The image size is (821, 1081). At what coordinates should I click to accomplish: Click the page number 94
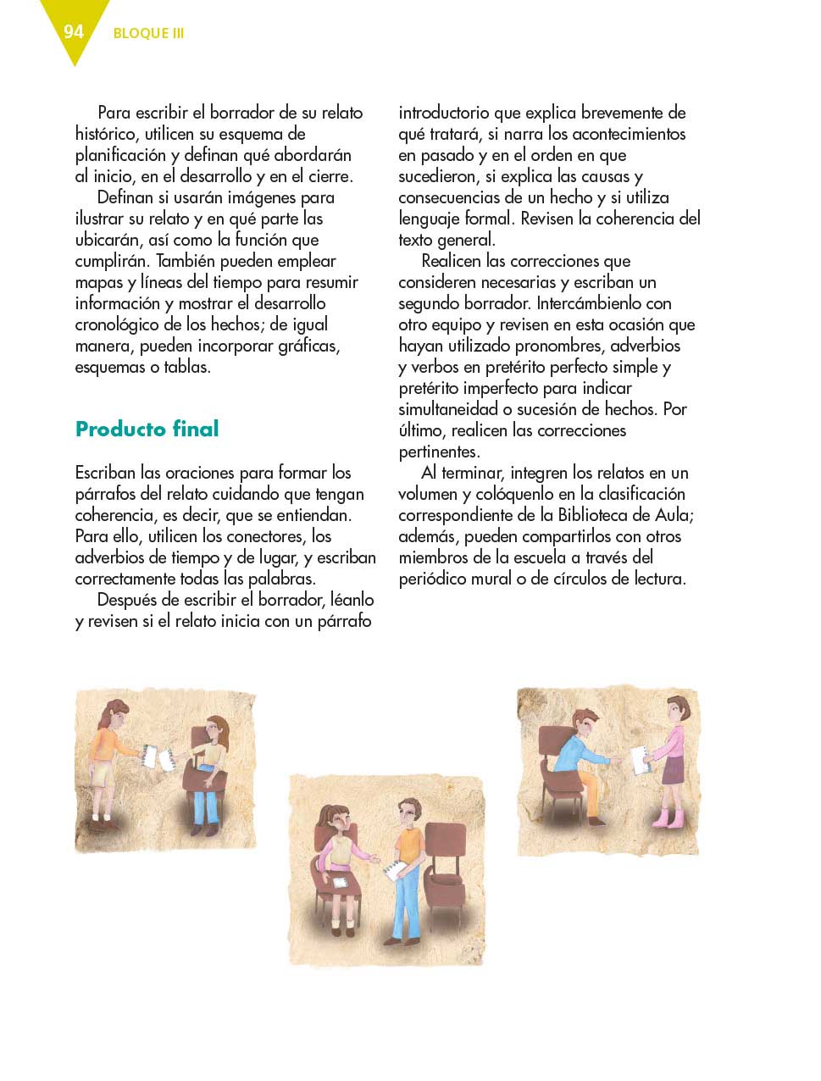coord(74,31)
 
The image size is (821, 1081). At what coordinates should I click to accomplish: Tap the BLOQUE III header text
coord(148,34)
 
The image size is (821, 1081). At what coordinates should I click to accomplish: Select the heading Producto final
coord(147,429)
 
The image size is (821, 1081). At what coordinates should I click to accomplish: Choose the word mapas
coord(99,282)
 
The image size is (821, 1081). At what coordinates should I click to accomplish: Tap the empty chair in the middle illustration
coord(444,873)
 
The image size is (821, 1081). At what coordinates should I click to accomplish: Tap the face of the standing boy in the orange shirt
coord(410,813)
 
